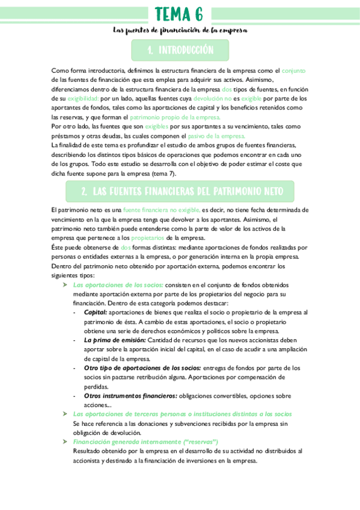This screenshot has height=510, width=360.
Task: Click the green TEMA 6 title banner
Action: point(179,13)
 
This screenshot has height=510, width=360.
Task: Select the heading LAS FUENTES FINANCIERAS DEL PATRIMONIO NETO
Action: point(180,191)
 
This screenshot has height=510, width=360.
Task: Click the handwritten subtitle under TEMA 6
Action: point(180,30)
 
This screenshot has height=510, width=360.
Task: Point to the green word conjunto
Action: point(294,70)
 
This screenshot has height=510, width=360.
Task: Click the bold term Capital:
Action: point(96,313)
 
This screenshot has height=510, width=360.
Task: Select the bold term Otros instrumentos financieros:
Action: point(130,396)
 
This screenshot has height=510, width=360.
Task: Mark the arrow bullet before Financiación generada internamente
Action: point(66,441)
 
